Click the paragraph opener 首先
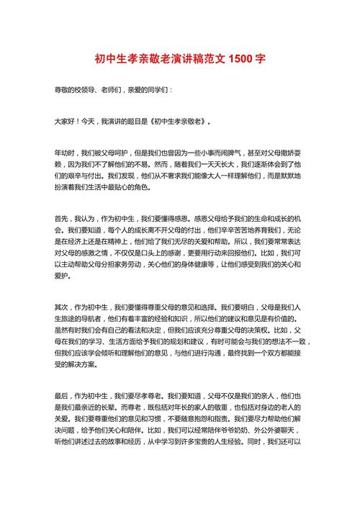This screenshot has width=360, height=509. [x=63, y=217]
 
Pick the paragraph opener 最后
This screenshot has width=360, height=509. [x=63, y=395]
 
